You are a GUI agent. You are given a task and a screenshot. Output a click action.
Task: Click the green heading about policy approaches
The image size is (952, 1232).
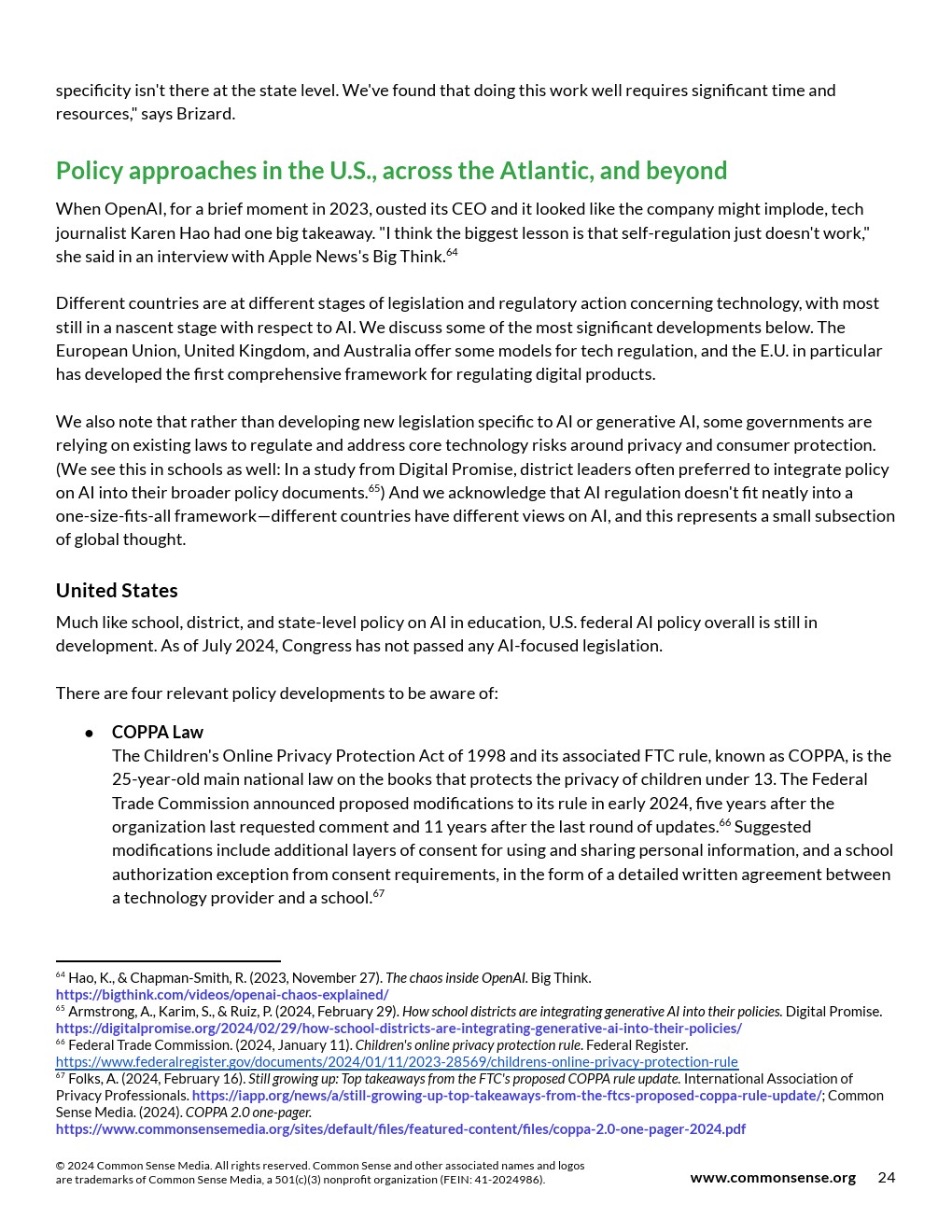pyautogui.click(x=391, y=171)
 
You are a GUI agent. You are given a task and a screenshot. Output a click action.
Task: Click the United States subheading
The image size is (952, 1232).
pyautogui.click(x=117, y=591)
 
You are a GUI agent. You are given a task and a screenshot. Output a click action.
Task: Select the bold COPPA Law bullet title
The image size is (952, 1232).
pyautogui.click(x=157, y=733)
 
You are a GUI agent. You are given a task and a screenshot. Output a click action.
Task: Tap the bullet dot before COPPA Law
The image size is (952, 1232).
pyautogui.click(x=90, y=734)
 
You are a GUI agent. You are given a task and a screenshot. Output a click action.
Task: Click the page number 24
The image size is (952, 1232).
pyautogui.click(x=886, y=1178)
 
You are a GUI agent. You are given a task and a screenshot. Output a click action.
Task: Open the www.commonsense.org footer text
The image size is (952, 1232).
pyautogui.click(x=773, y=1178)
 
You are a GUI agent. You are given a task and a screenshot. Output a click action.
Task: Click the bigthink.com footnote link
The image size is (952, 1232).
pyautogui.click(x=222, y=995)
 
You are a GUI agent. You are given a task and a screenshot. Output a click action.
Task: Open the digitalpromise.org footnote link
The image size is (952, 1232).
pyautogui.click(x=399, y=1029)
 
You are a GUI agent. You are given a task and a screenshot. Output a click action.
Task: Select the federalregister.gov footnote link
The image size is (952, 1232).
pyautogui.click(x=397, y=1062)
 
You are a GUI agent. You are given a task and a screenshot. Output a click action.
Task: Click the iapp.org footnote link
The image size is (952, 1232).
pyautogui.click(x=506, y=1096)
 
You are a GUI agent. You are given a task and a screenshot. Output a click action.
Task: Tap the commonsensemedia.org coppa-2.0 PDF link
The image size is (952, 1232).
pyautogui.click(x=400, y=1129)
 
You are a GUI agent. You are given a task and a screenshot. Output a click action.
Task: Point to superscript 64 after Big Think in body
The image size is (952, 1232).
pyautogui.click(x=452, y=253)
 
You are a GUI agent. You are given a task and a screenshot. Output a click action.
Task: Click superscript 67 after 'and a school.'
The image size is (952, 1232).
pyautogui.click(x=379, y=894)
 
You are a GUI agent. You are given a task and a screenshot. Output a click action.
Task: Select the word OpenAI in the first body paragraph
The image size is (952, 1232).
pyautogui.click(x=132, y=209)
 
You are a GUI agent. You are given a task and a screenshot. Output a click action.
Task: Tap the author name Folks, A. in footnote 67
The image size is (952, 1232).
pyautogui.click(x=94, y=1079)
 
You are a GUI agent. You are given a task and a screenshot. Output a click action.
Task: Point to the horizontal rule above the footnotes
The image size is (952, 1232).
pyautogui.click(x=168, y=961)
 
